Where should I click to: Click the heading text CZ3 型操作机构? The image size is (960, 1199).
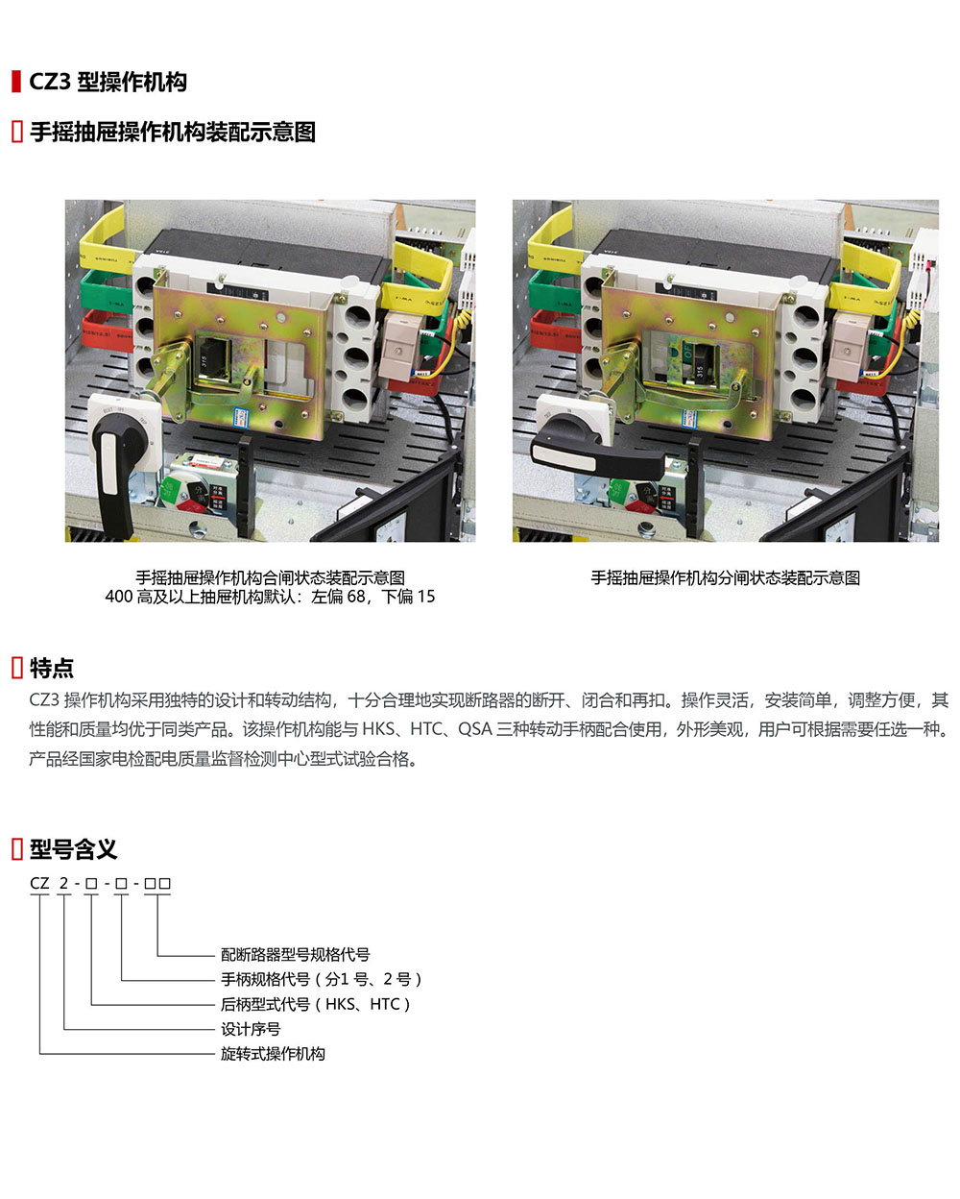(108, 82)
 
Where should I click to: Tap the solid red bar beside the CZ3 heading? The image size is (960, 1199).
(16, 82)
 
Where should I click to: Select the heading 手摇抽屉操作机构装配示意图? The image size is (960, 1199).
(173, 132)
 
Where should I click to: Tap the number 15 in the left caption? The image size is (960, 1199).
(426, 597)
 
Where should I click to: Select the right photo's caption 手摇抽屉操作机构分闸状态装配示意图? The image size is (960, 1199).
(725, 577)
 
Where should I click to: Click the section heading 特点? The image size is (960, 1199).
(51, 668)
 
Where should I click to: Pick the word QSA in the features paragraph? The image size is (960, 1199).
(474, 729)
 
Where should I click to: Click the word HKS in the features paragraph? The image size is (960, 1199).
(380, 729)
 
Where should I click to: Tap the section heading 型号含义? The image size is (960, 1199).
(73, 849)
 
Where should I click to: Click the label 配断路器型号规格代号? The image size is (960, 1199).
(295, 955)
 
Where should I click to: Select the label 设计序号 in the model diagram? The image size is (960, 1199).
(251, 1029)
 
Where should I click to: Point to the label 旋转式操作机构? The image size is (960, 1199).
(273, 1054)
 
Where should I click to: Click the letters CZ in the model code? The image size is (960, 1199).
(39, 884)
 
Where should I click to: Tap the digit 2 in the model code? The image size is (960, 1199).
(64, 884)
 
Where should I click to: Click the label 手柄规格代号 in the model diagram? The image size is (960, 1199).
(266, 980)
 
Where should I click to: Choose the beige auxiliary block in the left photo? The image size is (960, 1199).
(399, 344)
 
